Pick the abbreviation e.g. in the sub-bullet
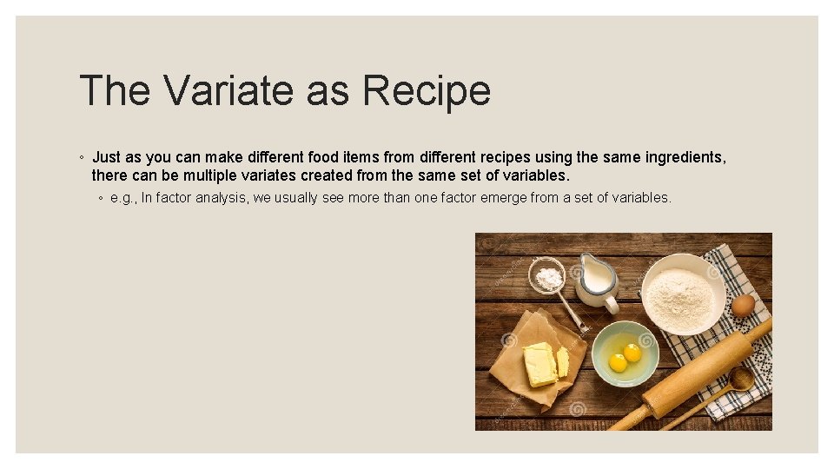[123, 198]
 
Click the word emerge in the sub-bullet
[485, 198]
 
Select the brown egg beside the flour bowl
[743, 306]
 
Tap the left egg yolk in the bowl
[618, 362]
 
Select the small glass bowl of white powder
[547, 277]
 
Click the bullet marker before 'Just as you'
[81, 158]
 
